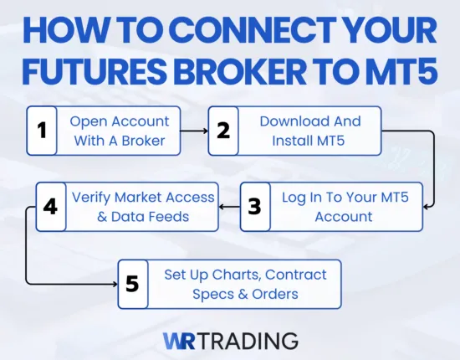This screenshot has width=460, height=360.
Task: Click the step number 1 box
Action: click(x=42, y=131)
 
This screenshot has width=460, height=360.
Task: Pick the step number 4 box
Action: click(x=50, y=206)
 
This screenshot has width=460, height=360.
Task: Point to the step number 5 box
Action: click(x=132, y=284)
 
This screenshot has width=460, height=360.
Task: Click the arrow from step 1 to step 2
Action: click(x=194, y=131)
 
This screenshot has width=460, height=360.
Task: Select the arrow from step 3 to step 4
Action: click(x=227, y=206)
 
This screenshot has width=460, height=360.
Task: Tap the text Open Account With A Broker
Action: click(x=119, y=131)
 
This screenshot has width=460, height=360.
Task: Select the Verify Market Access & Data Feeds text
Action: click(x=142, y=206)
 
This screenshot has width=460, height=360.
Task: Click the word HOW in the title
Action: click(x=66, y=32)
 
